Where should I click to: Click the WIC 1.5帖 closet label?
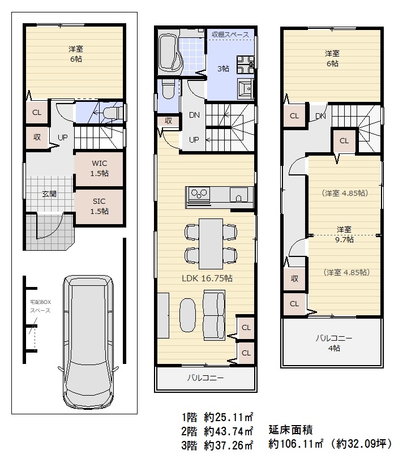point(100,169)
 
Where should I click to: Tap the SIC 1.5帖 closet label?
point(100,205)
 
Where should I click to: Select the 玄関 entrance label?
point(49,194)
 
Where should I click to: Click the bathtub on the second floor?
point(169,54)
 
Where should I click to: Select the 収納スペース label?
point(230,35)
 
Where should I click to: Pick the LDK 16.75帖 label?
point(207,278)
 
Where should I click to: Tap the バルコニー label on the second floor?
point(205,378)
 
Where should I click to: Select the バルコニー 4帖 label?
point(333,343)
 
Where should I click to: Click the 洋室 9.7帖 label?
point(344,234)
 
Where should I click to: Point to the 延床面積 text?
point(292,430)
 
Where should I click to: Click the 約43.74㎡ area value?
point(229,431)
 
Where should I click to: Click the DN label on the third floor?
point(320,116)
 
